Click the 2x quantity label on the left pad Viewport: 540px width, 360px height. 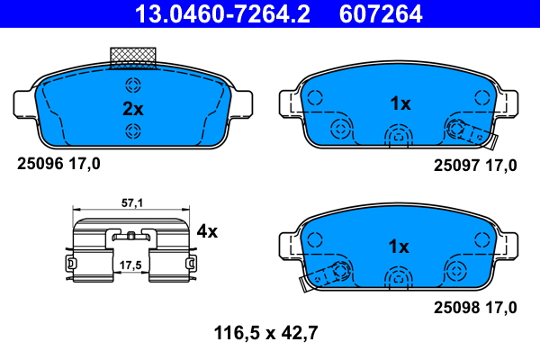coord(133,109)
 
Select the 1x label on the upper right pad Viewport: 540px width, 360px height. coord(400,103)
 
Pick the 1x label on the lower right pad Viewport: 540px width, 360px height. coord(400,246)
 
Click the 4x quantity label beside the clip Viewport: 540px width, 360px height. coord(207,231)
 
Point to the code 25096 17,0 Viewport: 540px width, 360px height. coord(59,163)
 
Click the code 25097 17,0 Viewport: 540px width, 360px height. coord(475,165)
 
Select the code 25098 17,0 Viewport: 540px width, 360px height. coord(475,307)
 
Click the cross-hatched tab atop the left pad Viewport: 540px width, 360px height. coord(132,57)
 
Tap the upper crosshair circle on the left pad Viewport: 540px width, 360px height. coord(133,86)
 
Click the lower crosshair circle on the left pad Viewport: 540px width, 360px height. coord(133,132)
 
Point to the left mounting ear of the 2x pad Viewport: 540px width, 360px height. coord(25,102)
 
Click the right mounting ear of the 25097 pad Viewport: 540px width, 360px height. coord(509,102)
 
